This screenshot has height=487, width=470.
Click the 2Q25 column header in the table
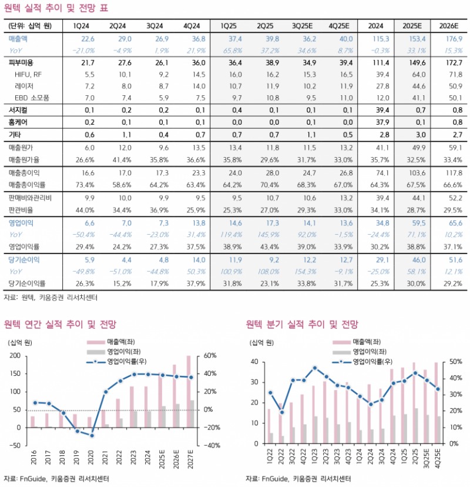[x=265, y=26]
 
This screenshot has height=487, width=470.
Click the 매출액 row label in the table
[x=22, y=38]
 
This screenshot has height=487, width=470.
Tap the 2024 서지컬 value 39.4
[x=377, y=109]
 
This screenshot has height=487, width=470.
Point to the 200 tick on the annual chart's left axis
[x=15, y=356]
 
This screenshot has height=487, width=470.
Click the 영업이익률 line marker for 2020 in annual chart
[x=91, y=435]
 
